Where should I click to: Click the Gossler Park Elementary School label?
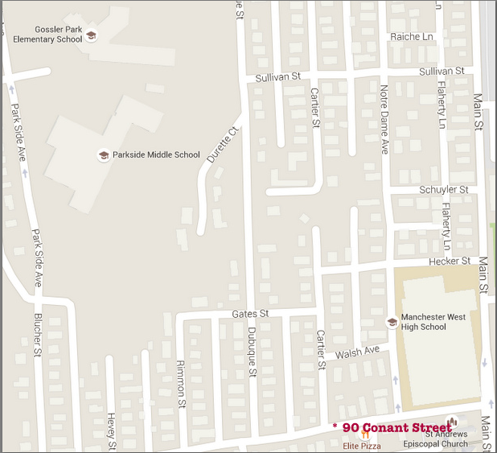point(47,34)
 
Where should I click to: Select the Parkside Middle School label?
point(157,154)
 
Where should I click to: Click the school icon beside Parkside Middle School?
point(103,154)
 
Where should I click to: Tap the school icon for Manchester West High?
point(392,322)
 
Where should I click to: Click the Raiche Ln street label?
point(410,36)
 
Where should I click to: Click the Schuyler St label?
point(443,189)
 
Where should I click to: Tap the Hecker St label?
point(450,261)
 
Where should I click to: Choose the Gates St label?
point(249,313)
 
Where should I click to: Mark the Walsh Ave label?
point(356,352)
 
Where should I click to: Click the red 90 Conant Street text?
point(396,427)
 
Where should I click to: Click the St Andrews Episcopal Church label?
point(446,440)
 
